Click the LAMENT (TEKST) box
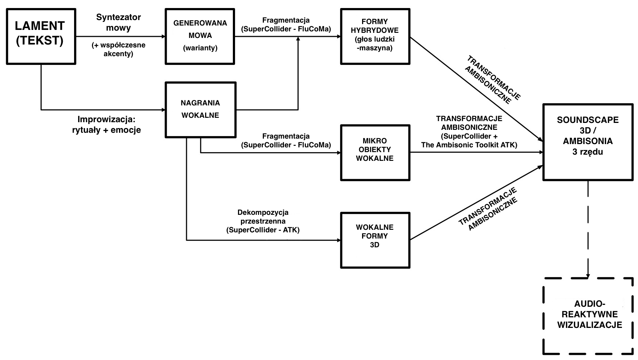click(x=41, y=36)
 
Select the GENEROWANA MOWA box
click(x=200, y=36)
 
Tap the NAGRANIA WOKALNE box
click(x=200, y=109)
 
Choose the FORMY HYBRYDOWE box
click(x=375, y=36)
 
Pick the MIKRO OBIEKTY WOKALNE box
click(x=375, y=152)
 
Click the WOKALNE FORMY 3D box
click(x=375, y=240)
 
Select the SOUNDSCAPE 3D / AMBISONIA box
click(x=588, y=142)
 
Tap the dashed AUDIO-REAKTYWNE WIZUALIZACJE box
click(x=588, y=316)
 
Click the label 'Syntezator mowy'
click(x=118, y=22)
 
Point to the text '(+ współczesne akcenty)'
click(x=118, y=50)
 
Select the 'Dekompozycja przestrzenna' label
click(x=263, y=217)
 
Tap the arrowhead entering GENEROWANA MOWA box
click(x=163, y=36)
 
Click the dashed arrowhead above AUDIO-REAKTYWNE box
click(x=588, y=275)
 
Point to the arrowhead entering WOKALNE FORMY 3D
click(x=338, y=240)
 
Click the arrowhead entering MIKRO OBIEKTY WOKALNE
click(x=338, y=153)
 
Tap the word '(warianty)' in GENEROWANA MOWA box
click(x=200, y=48)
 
